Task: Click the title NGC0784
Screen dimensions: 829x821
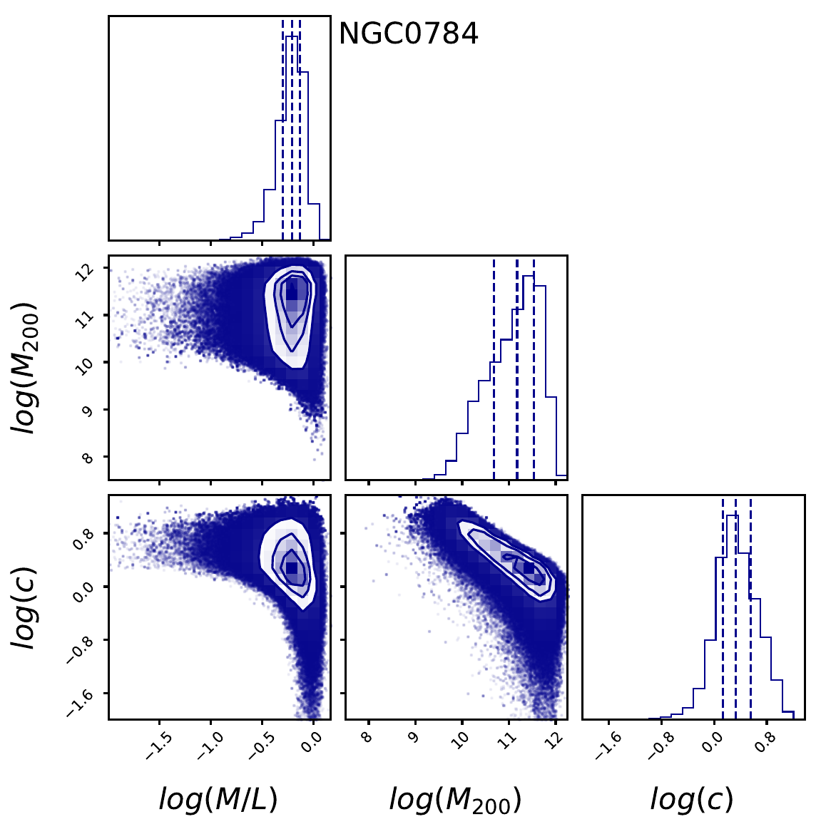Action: [x=408, y=34]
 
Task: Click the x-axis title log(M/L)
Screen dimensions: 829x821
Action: [x=218, y=800]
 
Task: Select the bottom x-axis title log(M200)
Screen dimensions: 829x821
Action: [x=455, y=800]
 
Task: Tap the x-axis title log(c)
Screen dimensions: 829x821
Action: [x=691, y=800]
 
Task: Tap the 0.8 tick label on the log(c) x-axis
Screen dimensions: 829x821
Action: [x=765, y=743]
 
